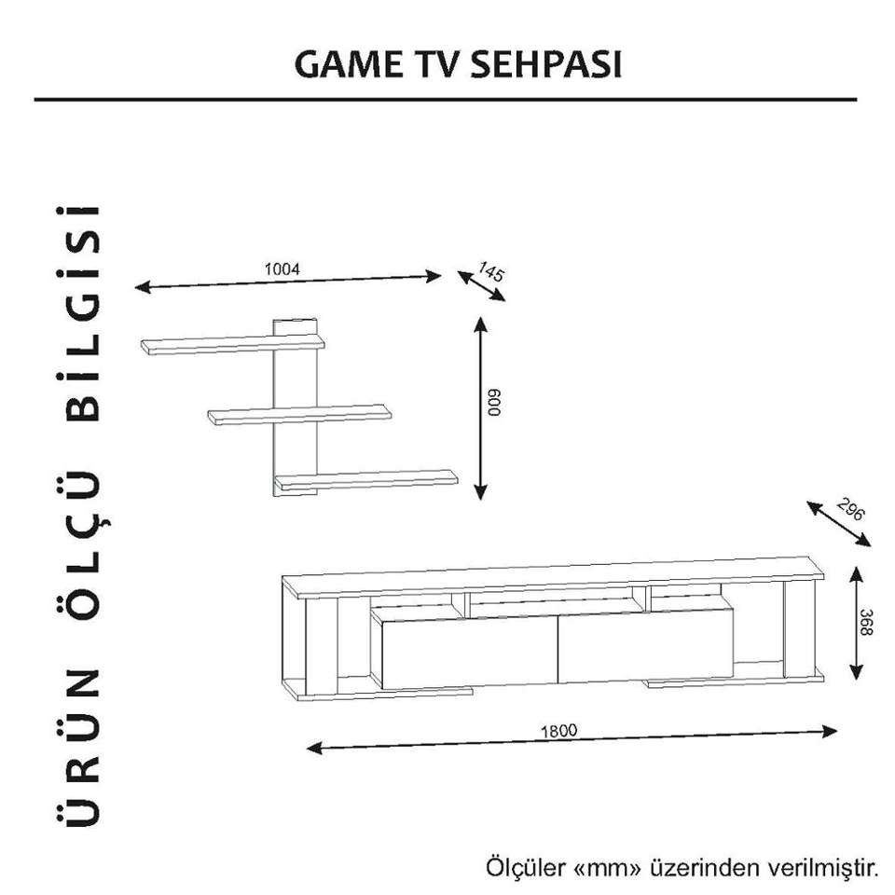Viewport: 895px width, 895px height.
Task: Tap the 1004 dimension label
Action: tap(282, 268)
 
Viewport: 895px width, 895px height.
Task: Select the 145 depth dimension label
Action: tap(490, 271)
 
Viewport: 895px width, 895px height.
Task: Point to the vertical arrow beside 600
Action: tap(479, 407)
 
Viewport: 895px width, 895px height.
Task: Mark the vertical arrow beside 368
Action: tap(854, 623)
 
